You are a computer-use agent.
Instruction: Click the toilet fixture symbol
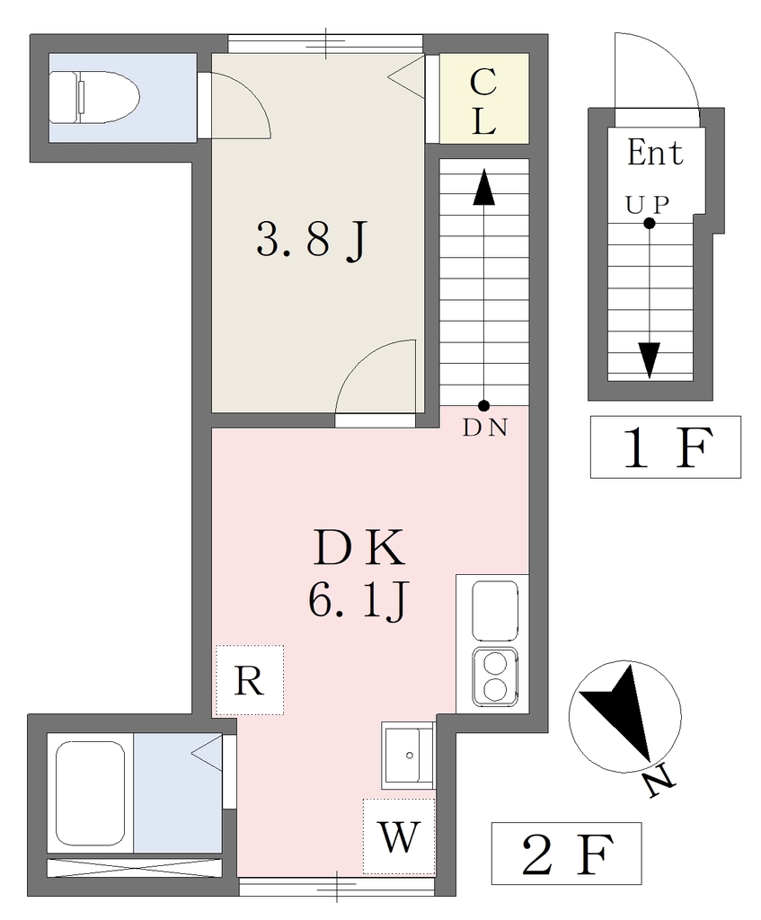[x=94, y=97]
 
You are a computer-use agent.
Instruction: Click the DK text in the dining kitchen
[x=359, y=547]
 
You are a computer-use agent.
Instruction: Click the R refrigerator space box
[x=250, y=681]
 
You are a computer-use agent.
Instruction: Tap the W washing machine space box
[x=399, y=836]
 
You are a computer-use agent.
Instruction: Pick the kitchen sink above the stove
[x=496, y=610]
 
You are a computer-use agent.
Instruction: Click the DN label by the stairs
[x=484, y=429]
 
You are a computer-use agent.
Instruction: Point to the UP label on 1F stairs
[x=647, y=205]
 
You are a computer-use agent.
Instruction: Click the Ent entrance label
[x=655, y=153]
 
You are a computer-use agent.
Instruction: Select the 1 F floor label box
[x=666, y=447]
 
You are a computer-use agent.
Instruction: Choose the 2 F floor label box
[x=566, y=854]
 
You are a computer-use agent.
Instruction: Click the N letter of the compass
[x=659, y=783]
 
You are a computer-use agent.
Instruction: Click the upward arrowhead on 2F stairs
[x=484, y=187]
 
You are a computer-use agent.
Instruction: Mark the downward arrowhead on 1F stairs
[x=649, y=360]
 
